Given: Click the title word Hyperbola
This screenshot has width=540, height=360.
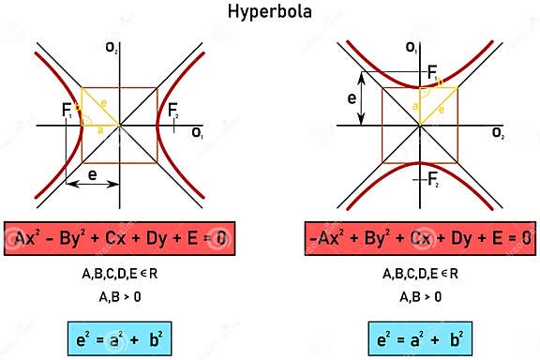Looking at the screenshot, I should pos(271,13).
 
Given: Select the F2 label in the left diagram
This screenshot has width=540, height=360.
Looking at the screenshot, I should pos(172,111).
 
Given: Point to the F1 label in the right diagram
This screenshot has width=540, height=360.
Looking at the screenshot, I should pos(433,72).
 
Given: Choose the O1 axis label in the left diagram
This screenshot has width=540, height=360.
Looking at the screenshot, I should pos(198,134).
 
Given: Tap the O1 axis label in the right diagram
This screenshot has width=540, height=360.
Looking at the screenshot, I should pos(411,46).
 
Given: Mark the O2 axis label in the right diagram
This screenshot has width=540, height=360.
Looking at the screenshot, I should pos(497,134).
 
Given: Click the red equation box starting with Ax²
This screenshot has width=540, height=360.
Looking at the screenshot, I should pos(119,237).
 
